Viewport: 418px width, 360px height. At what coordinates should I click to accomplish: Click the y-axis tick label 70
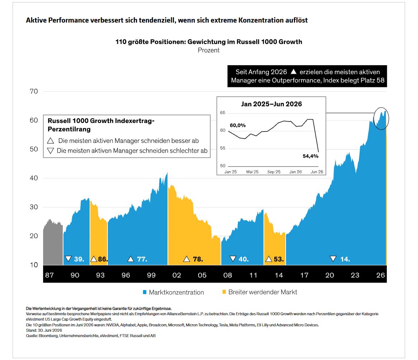34,91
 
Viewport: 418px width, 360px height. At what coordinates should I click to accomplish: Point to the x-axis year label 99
151,275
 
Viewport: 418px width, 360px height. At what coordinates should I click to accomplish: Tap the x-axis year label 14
279,275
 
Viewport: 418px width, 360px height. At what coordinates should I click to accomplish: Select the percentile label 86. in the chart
103,259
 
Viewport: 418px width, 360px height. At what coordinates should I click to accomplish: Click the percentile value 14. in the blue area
345,259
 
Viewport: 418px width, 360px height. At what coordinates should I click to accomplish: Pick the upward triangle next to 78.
186,259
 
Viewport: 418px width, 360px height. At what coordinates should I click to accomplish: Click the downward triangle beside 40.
233,259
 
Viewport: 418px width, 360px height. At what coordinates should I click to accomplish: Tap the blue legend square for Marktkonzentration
145,292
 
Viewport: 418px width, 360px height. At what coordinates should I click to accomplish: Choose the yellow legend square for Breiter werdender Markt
224,292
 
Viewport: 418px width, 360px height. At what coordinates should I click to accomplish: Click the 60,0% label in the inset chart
238,125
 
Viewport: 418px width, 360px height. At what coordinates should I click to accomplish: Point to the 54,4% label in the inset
310,156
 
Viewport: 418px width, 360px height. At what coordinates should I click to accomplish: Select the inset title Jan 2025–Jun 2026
271,104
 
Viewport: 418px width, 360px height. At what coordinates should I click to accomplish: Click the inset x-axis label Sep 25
274,172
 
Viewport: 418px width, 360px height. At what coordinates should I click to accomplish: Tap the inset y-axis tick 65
223,113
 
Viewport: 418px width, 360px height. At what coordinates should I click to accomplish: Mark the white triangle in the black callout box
294,71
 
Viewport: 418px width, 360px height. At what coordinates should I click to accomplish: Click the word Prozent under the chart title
209,50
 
